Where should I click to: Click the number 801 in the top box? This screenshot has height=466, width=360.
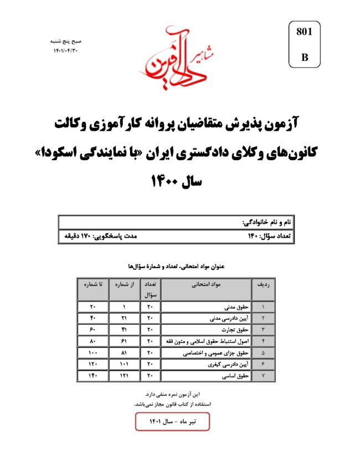[305, 32]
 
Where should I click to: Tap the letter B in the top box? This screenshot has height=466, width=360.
[305, 58]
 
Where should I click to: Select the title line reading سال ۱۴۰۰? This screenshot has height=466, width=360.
[178, 181]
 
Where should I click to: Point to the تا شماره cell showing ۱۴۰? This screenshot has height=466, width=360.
[91, 376]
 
